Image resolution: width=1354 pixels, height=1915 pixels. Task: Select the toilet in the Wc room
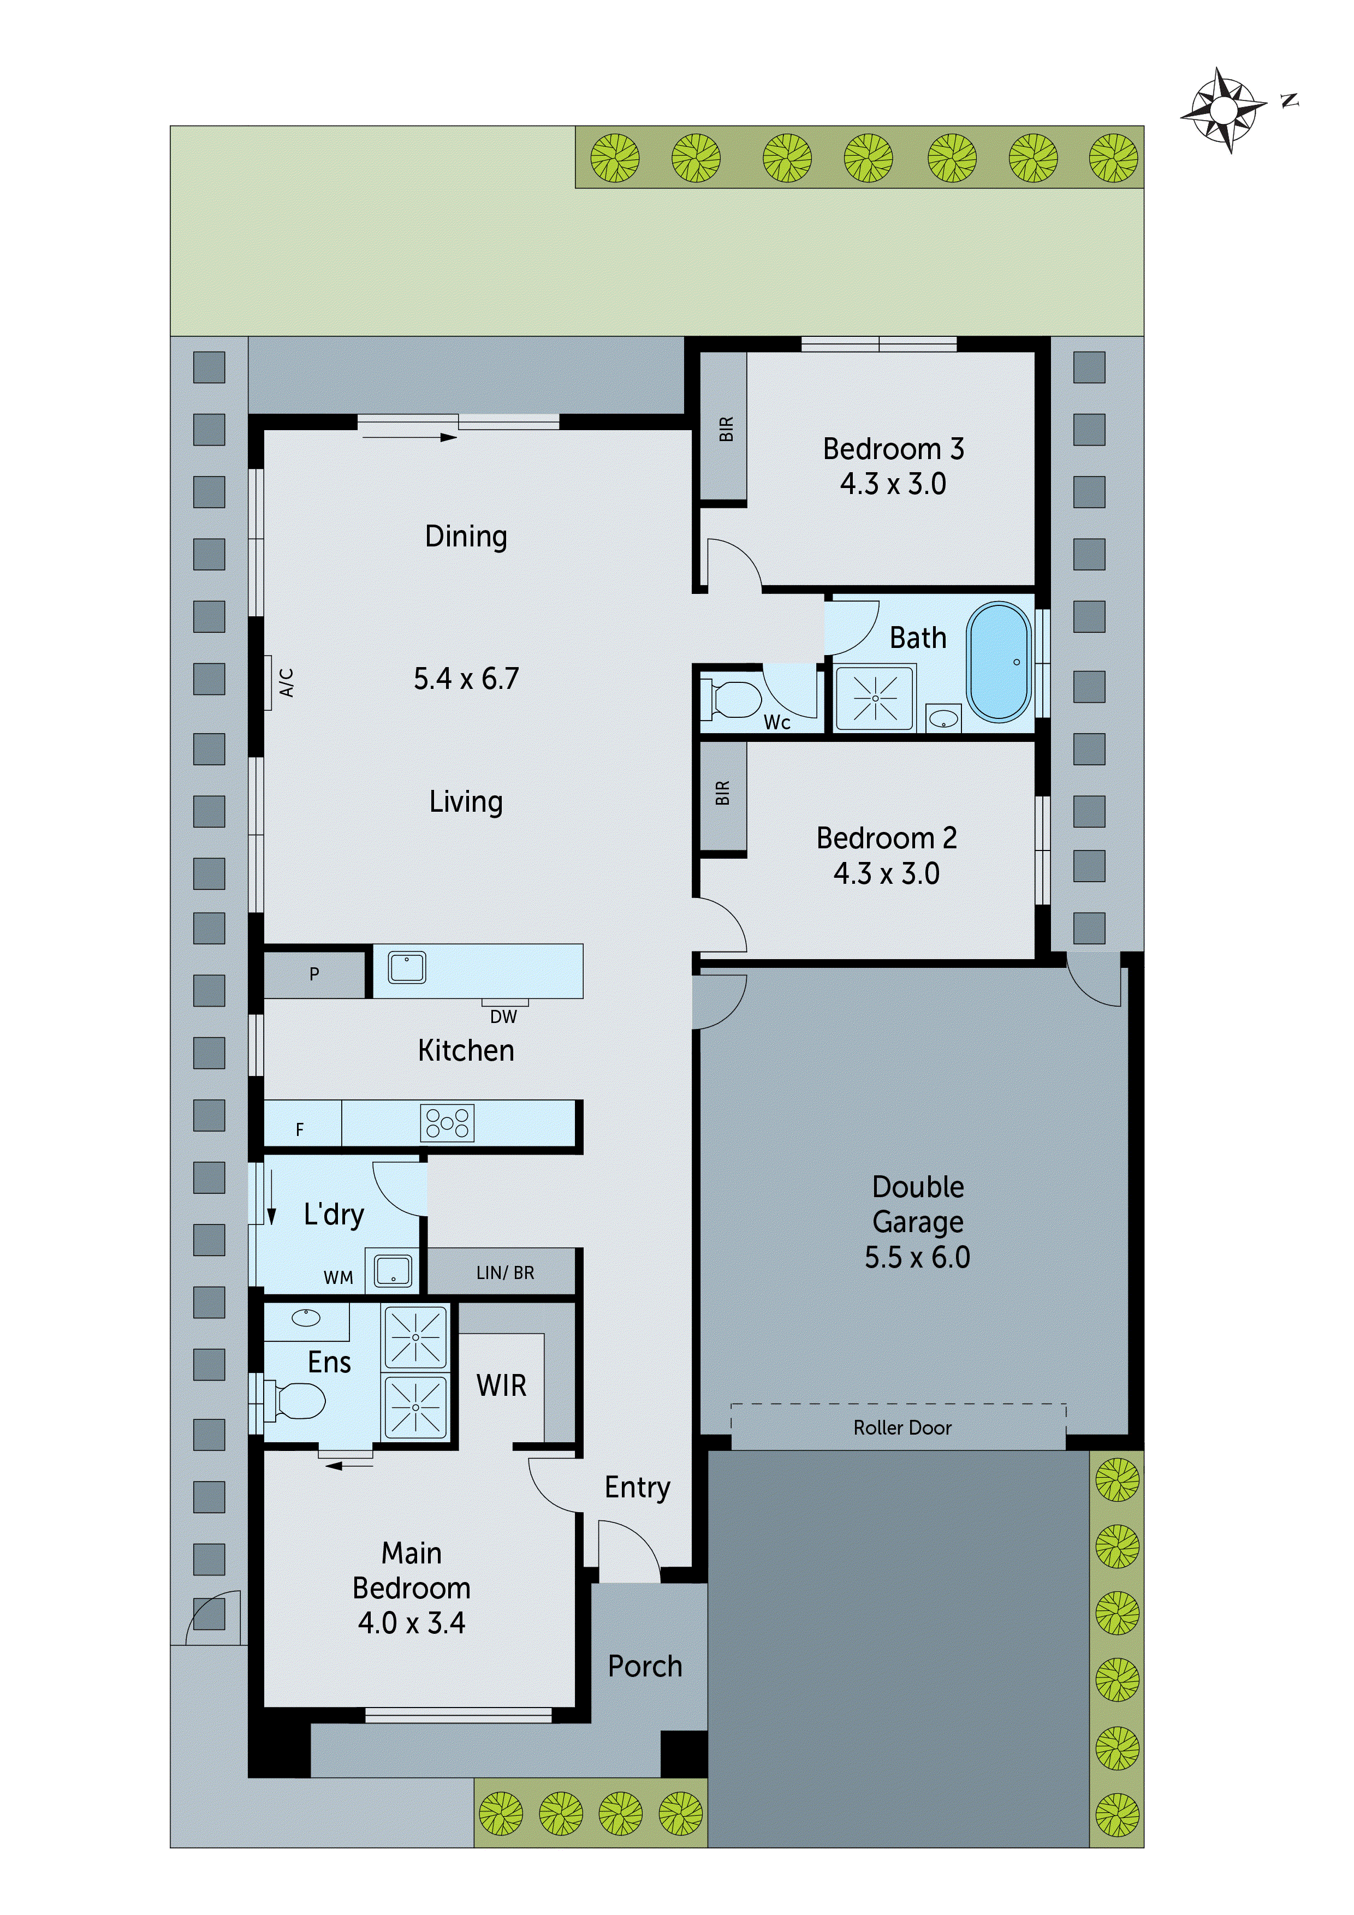click(733, 699)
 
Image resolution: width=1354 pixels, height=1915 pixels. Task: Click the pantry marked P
click(314, 973)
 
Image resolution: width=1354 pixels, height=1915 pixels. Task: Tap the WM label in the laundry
click(338, 1278)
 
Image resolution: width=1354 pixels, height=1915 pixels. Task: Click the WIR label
click(501, 1385)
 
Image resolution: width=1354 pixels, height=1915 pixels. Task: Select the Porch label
click(645, 1666)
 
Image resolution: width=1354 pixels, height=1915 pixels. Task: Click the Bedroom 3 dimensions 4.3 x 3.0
click(893, 484)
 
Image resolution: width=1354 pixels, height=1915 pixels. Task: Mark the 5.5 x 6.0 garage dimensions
click(917, 1257)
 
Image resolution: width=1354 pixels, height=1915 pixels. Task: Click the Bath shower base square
click(875, 697)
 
